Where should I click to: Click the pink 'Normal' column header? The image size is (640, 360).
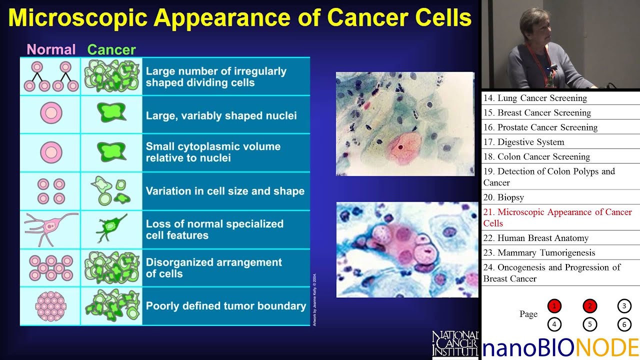[x=50, y=49]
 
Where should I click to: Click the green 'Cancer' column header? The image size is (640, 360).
[x=111, y=49]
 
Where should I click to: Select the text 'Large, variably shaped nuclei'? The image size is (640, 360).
[x=221, y=115]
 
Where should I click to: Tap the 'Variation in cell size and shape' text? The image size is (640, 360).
[x=225, y=191]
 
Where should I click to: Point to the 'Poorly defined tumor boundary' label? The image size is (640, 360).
[x=226, y=306]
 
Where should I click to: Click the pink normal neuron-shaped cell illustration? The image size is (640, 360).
[x=50, y=228]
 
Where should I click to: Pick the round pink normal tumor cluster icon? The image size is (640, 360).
[x=50, y=306]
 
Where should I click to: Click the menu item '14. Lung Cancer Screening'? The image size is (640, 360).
[x=535, y=98]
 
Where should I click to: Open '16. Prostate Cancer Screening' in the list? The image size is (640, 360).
[x=540, y=127]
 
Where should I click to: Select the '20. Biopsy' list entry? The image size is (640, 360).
[x=504, y=197]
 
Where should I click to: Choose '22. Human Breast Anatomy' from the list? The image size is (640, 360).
[x=536, y=238]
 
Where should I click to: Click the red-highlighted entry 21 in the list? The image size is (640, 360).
[x=557, y=217]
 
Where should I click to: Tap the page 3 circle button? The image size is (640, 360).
[x=624, y=306]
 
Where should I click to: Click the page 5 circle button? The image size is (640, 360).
[x=589, y=324]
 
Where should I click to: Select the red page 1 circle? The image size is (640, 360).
[x=554, y=306]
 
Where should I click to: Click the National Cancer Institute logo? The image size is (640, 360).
[x=455, y=343]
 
